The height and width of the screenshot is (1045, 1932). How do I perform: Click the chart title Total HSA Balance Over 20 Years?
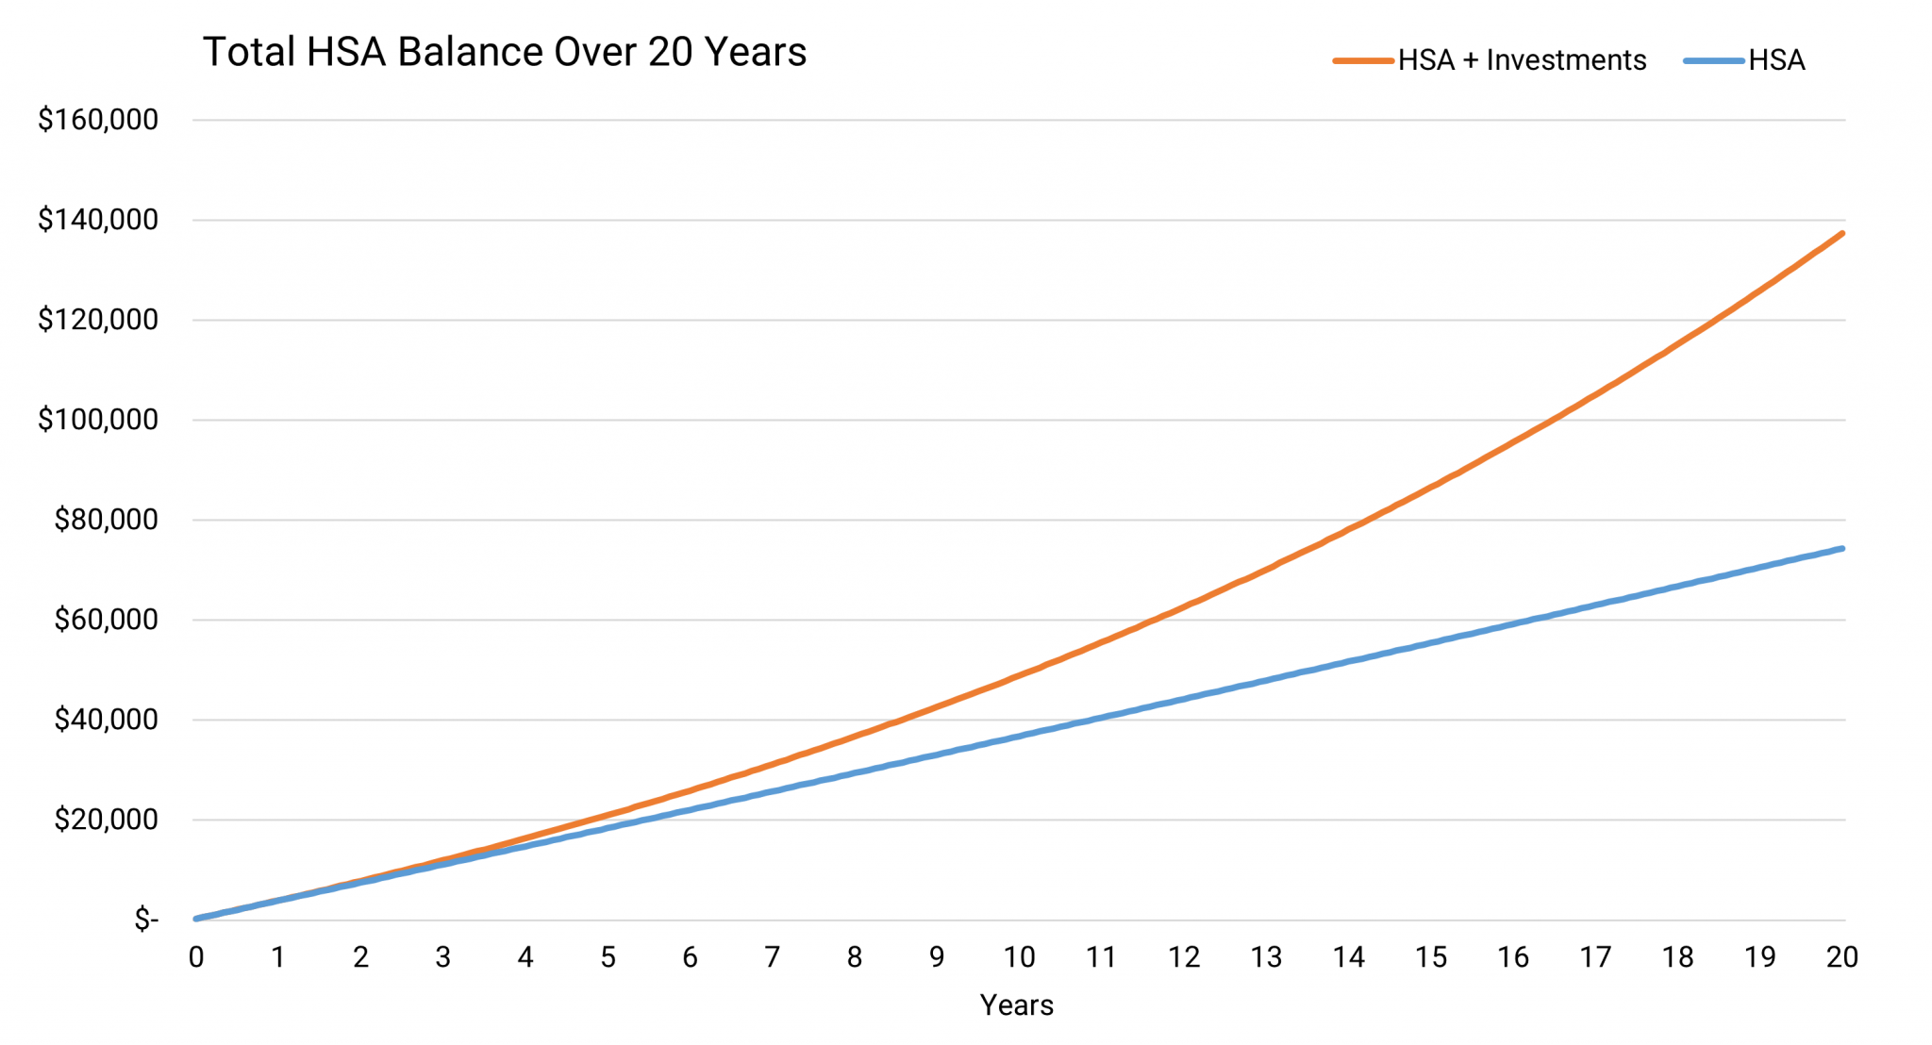(505, 53)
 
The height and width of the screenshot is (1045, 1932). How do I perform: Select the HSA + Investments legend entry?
(1491, 60)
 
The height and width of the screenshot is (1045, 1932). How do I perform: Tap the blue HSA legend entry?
(1745, 60)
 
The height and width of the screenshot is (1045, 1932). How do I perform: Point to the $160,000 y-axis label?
(98, 120)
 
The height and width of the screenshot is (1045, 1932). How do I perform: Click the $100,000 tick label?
(98, 420)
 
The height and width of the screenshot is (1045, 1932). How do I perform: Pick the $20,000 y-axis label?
(106, 820)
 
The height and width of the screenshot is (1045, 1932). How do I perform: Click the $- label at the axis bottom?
(146, 920)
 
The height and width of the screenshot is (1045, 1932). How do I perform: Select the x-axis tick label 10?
(1019, 957)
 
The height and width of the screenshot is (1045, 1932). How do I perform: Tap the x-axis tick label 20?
(1841, 957)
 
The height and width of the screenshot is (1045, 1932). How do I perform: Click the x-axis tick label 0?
(196, 957)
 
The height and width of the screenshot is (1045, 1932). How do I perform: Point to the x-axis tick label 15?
(1430, 957)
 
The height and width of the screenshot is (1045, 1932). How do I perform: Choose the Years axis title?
(1016, 1005)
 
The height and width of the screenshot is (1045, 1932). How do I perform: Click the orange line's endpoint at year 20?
(1841, 233)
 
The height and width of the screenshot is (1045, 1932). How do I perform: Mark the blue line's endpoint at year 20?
(1841, 548)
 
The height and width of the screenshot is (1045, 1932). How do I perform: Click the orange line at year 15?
(1430, 487)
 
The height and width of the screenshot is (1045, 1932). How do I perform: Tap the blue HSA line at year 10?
(1019, 736)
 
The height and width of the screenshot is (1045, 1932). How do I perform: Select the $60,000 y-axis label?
(106, 620)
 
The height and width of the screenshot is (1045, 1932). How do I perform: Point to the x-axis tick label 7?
(772, 957)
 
